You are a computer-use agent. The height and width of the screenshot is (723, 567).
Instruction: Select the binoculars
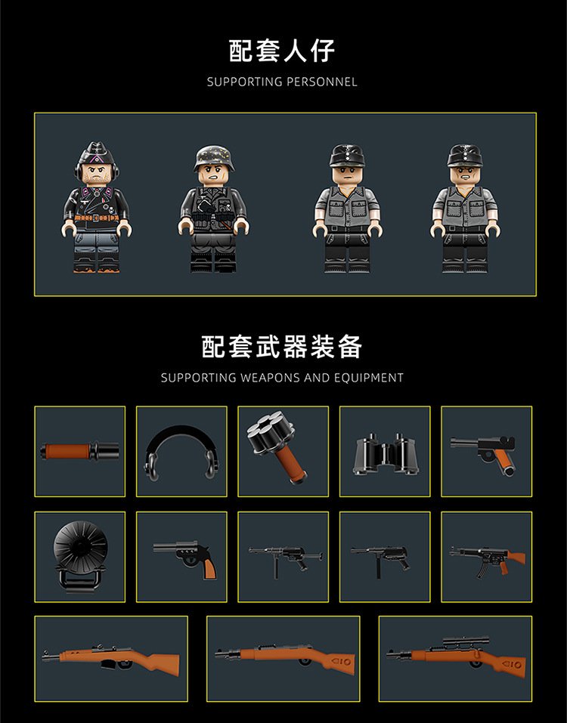[386, 454]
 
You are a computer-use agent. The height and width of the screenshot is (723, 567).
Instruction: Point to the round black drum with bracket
[80, 555]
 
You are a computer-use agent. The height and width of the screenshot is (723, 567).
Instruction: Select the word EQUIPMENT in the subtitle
[369, 378]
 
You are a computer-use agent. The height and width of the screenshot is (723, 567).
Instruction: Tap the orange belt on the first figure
[97, 218]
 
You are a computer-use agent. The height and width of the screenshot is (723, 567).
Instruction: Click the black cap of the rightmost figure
[465, 156]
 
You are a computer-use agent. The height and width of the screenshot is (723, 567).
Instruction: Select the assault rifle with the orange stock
[487, 559]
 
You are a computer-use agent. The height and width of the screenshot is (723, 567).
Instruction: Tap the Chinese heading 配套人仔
[282, 51]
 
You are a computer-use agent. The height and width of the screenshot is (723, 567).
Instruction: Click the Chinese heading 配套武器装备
[282, 347]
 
